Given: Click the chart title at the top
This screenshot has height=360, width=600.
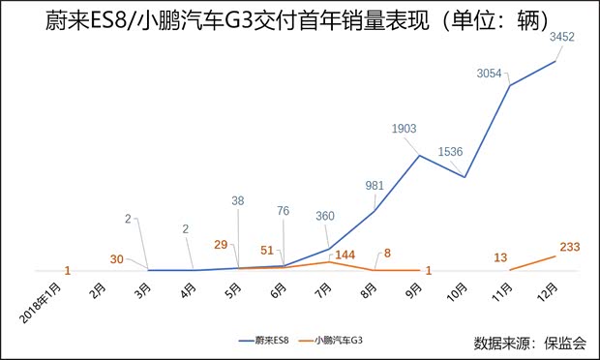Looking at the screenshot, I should pos(299,20).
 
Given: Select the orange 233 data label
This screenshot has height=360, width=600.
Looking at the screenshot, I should pos(569,248).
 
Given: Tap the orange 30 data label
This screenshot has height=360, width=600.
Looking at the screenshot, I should pos(117,258).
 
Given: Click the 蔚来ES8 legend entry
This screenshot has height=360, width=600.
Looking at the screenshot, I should pos(266,340).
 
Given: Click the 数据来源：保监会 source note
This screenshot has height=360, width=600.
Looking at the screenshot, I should pos(529,342).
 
